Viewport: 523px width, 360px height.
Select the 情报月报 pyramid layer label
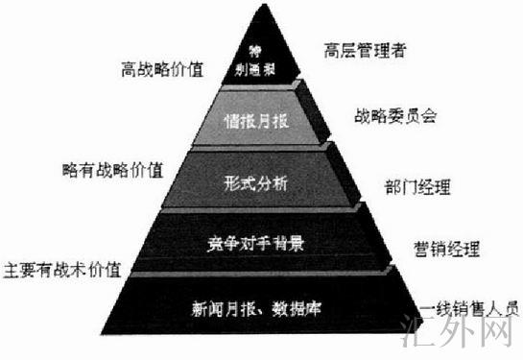(x=256, y=123)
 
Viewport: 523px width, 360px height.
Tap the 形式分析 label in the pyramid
(x=255, y=181)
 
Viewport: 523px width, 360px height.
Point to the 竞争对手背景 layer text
(x=255, y=242)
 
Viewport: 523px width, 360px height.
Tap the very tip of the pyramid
(x=262, y=8)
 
